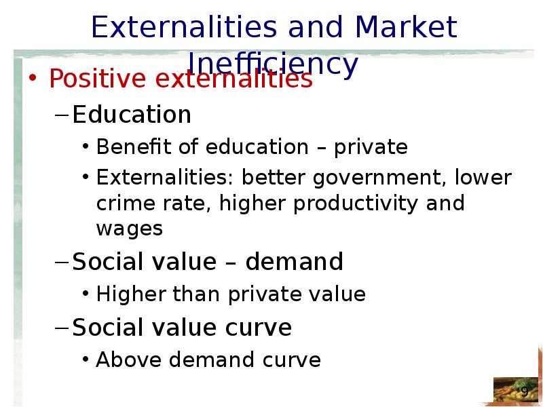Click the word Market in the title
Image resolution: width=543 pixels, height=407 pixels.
click(x=406, y=27)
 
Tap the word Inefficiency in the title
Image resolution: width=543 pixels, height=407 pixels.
click(x=273, y=65)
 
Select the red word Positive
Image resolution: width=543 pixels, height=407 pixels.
click(x=97, y=79)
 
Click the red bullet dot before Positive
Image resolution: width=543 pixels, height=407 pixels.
click(x=33, y=77)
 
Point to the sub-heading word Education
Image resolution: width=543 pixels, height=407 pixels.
click(x=132, y=114)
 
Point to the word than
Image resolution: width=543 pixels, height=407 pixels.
click(x=196, y=294)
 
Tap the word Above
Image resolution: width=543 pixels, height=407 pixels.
click(x=128, y=360)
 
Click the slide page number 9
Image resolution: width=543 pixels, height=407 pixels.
click(x=525, y=391)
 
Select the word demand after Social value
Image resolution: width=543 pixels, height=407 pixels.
click(x=294, y=261)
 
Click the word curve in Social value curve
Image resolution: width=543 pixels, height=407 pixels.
click(x=259, y=328)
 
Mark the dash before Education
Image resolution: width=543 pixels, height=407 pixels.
click(x=62, y=115)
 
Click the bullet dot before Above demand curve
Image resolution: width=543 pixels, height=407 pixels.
click(x=86, y=359)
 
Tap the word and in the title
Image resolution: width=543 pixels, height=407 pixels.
click(x=315, y=27)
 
